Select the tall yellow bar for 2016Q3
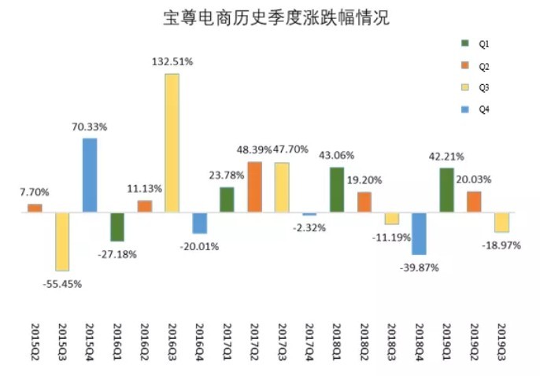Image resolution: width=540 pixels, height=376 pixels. [172, 142]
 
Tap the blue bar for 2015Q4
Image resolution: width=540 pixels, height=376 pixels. [90, 175]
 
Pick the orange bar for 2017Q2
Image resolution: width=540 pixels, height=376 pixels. [254, 186]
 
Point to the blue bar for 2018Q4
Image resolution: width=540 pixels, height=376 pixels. [419, 233]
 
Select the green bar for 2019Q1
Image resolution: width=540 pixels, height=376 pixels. [446, 190]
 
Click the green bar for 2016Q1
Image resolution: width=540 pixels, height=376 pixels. [117, 227]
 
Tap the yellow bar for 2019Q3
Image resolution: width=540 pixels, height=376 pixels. [501, 222]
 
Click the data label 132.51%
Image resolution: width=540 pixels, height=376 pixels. [172, 61]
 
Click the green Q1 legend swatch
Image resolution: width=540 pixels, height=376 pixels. [464, 42]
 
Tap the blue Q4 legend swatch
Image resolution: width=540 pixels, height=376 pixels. [464, 109]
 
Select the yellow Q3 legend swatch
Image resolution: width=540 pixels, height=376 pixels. [464, 87]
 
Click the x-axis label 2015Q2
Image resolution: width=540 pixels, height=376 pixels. [35, 341]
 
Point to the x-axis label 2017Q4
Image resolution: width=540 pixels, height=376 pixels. [309, 341]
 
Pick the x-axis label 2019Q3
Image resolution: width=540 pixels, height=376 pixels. [501, 341]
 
